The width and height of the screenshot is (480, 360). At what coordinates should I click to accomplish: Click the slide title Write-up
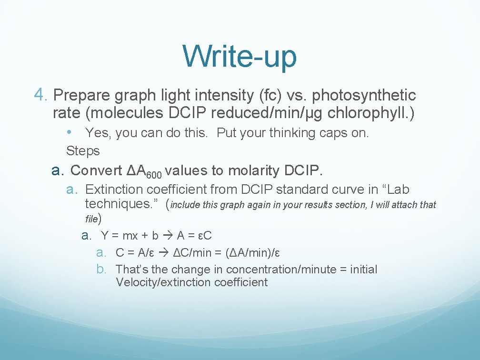[x=240, y=56]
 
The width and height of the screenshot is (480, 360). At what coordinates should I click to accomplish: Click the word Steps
[x=83, y=151]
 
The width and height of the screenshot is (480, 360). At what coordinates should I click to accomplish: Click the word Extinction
[x=114, y=190]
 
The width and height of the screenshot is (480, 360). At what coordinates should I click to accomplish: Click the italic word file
[x=91, y=219]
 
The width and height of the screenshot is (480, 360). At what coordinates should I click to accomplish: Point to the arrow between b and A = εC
[x=168, y=235]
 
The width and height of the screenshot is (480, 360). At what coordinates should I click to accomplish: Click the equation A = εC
[x=194, y=235]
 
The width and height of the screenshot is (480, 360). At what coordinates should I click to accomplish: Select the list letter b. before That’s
[x=101, y=270]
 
